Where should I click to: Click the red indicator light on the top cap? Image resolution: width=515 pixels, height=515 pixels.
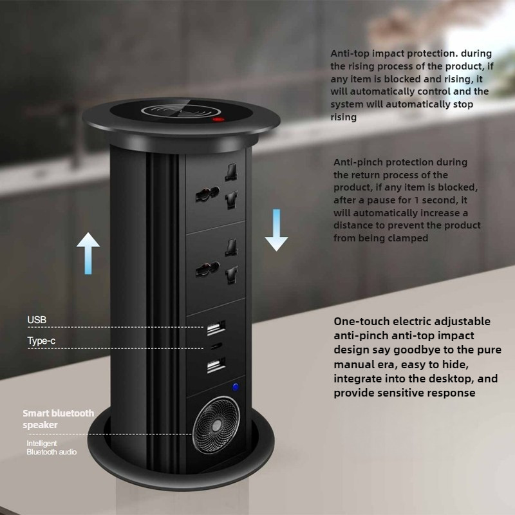[x=218, y=119]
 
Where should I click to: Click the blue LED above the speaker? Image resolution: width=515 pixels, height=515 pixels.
[x=236, y=388]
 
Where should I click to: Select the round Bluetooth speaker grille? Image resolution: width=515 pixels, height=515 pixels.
[x=216, y=425]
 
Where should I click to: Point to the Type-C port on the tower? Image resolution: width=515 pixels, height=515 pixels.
[x=216, y=346]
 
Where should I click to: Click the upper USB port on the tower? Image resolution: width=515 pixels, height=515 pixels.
[x=216, y=328]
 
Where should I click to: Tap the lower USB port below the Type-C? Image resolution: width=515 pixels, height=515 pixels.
[x=216, y=365]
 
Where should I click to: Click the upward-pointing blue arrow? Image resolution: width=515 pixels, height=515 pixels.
[x=88, y=253]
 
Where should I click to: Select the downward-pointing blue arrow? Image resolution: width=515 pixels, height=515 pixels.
[x=276, y=230]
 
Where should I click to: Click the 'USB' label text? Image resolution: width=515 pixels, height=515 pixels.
[x=37, y=319]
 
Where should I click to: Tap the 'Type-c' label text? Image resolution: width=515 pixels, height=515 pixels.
[x=41, y=341]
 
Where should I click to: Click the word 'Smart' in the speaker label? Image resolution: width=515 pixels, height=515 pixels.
[x=36, y=413]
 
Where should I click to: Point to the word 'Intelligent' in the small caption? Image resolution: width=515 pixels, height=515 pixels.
[x=42, y=444]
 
